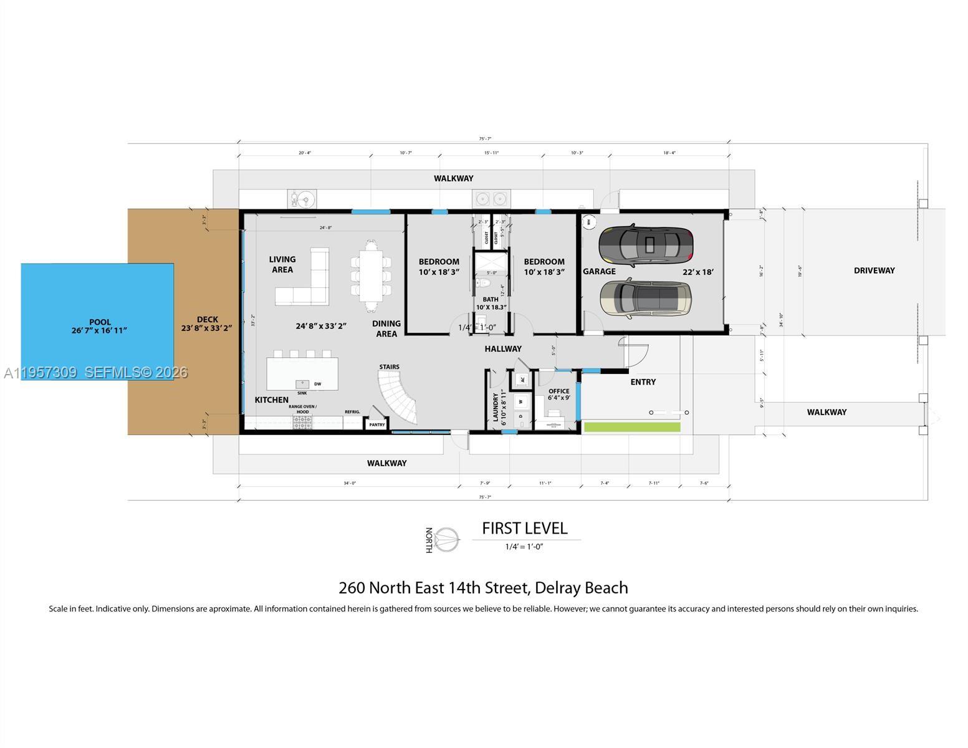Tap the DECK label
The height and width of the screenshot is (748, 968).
pos(207,319)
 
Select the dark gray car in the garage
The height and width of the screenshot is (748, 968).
pos(646,244)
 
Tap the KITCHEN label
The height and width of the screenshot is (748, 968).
pos(272,400)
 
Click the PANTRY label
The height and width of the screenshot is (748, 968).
pos(376,424)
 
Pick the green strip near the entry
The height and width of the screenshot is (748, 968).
pos(632,427)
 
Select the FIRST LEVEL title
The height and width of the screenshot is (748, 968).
pos(524,529)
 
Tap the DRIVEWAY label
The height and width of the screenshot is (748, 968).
pos(874,271)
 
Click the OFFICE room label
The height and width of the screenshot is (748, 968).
pos(558,391)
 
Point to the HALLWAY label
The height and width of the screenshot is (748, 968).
pos(503,349)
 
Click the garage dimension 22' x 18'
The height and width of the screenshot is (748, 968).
pos(697,272)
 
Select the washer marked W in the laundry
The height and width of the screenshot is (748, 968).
pos(521,401)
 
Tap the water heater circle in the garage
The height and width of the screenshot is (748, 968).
pos(588,221)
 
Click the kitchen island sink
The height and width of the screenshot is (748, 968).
pos(302,385)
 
